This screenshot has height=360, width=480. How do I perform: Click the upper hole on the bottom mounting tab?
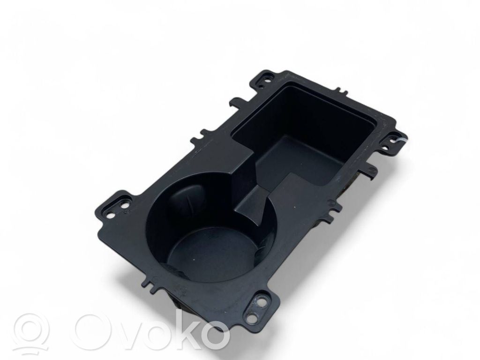click(260, 301)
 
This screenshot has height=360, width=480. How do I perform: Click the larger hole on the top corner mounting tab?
click(268, 75)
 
